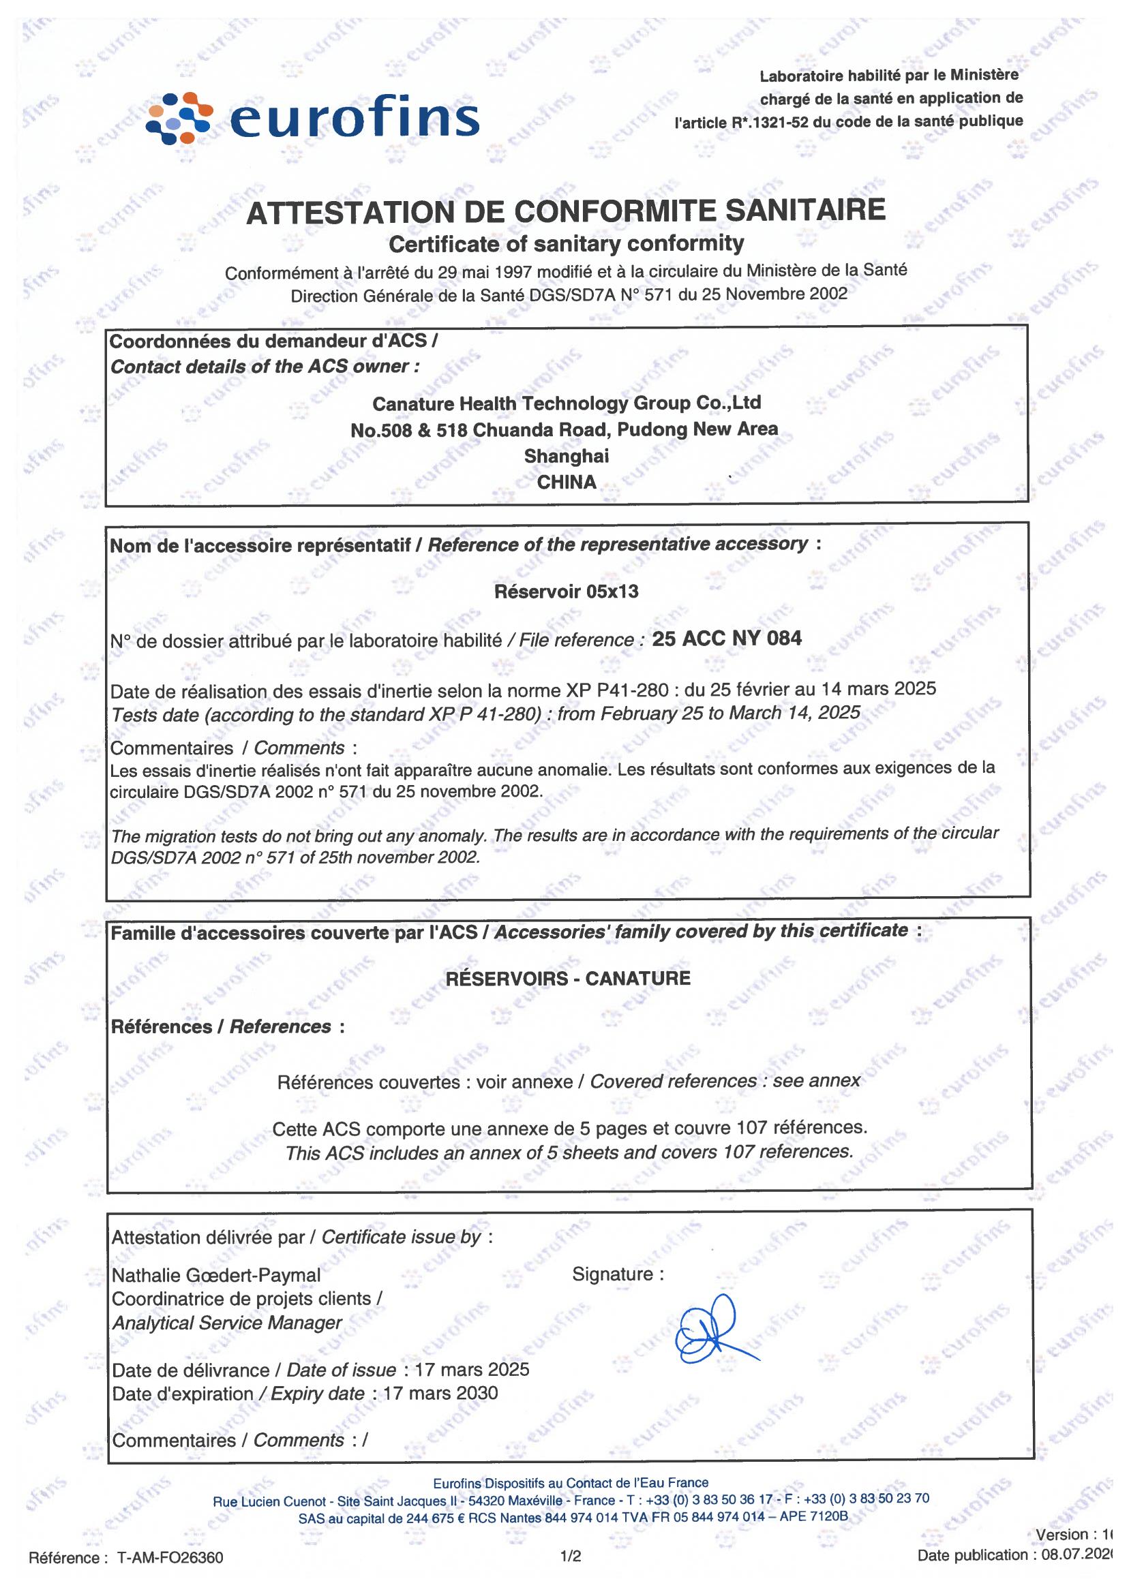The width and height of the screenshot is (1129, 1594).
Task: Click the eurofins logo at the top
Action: [x=313, y=118]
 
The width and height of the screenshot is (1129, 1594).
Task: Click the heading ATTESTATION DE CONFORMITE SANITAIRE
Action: [x=566, y=211]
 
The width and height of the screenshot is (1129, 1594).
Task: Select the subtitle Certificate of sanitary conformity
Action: [x=566, y=244]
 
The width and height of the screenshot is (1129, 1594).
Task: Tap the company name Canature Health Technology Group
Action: [x=566, y=403]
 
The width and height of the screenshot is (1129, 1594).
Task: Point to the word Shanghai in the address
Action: [x=566, y=456]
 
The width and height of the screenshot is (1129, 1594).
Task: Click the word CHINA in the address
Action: [x=566, y=482]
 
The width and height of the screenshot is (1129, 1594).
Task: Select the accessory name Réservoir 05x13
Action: [x=566, y=592]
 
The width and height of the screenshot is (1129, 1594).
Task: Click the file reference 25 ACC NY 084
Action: [x=727, y=639]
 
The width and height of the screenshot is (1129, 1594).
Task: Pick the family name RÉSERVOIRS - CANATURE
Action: [x=567, y=979]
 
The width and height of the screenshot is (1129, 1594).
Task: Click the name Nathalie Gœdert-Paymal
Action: [x=216, y=1275]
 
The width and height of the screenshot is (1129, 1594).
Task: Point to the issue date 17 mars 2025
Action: [x=471, y=1369]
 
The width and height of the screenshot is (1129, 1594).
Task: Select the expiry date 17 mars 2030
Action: [x=440, y=1392]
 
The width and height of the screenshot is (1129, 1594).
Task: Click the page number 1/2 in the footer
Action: [x=571, y=1557]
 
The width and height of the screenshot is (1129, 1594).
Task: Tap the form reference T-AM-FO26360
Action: [x=170, y=1558]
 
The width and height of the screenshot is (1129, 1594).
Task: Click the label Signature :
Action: [x=617, y=1274]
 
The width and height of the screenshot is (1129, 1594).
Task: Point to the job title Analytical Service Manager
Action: [x=227, y=1322]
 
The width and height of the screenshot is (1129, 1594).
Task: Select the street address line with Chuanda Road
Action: [x=564, y=430]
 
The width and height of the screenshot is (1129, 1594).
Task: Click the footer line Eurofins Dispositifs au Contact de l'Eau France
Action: [x=570, y=1483]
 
